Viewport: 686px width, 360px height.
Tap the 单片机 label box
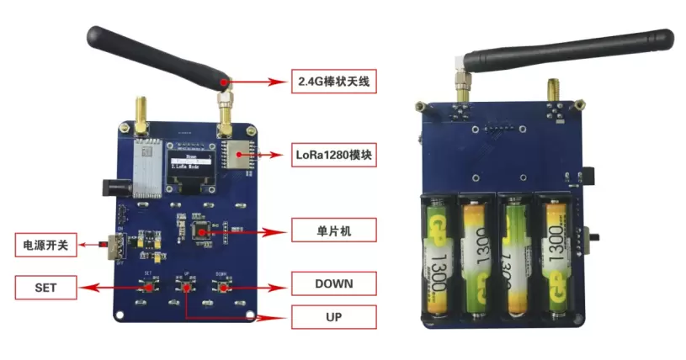333,230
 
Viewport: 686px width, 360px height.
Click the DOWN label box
333,283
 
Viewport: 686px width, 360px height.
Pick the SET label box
45,287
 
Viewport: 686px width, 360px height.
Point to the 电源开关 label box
45,246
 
